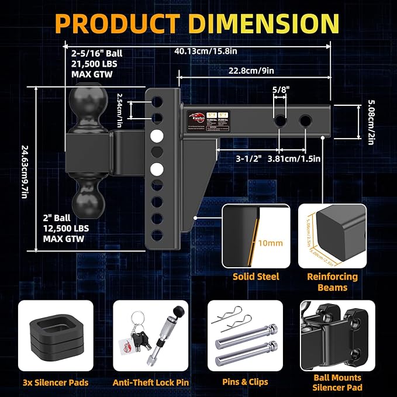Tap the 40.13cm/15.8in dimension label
(x=206, y=51)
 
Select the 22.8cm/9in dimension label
(x=253, y=70)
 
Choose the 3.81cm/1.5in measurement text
(x=295, y=158)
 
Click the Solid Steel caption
(x=256, y=277)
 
